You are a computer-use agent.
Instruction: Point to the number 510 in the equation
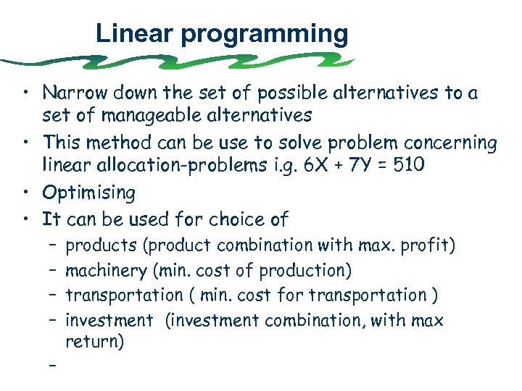tap(411, 166)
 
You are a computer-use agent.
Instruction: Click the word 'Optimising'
tap(88, 193)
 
